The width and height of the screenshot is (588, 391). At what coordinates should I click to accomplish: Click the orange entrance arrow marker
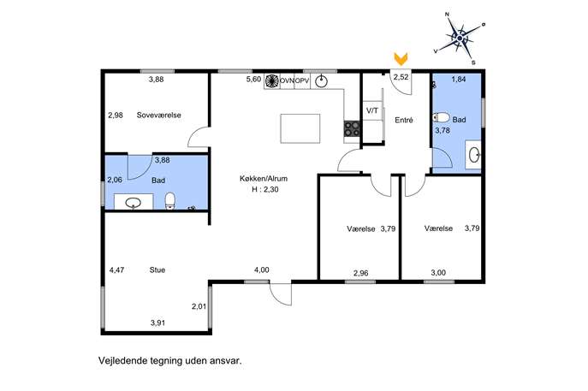pos(401,59)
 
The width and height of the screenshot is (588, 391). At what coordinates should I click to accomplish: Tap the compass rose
pos(460,39)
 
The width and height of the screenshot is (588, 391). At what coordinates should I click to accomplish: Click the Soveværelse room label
pos(158,116)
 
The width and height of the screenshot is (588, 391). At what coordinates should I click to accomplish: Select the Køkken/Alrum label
pos(264,179)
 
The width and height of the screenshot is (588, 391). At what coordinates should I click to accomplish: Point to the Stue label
pos(157,270)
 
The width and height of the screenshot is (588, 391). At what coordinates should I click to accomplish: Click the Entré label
pos(404,120)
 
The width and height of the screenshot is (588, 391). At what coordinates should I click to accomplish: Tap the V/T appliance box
pos(372,110)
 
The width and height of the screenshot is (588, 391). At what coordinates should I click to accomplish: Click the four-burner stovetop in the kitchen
pos(352,129)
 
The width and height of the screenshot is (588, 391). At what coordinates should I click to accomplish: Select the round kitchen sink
pos(321,81)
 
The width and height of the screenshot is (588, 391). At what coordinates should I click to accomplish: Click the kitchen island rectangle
pos(300,128)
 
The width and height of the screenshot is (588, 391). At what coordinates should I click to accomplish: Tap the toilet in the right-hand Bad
pos(441,118)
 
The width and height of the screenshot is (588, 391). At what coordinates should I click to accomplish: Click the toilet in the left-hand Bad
pos(169,200)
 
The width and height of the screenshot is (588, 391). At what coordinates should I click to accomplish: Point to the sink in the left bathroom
pos(134,203)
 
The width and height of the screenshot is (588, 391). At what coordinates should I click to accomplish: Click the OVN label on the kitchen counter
pos(287,80)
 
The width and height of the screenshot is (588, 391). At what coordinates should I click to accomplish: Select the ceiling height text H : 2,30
pos(265,189)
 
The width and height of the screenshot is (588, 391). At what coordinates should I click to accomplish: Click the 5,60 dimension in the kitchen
pos(253,79)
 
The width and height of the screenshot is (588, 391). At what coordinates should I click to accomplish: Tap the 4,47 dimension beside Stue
pos(116,270)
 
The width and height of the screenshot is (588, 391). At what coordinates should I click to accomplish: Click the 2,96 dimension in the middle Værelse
pos(360,273)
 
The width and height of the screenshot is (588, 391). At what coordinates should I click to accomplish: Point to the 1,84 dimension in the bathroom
pos(459,79)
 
